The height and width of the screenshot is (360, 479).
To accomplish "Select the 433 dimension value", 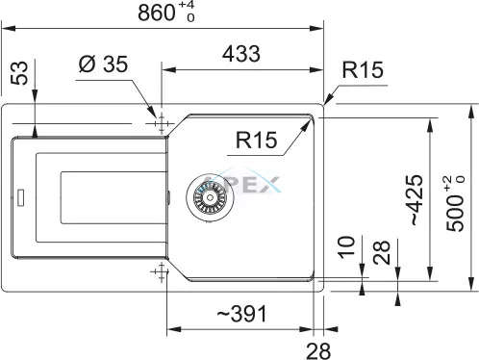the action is [241, 54].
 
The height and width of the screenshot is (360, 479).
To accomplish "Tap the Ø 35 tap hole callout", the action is [103, 64].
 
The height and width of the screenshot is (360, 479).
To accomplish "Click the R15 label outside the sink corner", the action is [363, 69].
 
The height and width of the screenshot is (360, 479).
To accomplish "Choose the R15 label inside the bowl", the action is [256, 140].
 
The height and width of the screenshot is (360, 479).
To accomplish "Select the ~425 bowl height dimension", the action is [416, 200].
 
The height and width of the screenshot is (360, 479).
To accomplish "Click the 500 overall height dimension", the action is [455, 203].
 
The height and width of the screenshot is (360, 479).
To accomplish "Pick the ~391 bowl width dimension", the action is [241, 314].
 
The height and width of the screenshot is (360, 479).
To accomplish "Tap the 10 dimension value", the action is [346, 246].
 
